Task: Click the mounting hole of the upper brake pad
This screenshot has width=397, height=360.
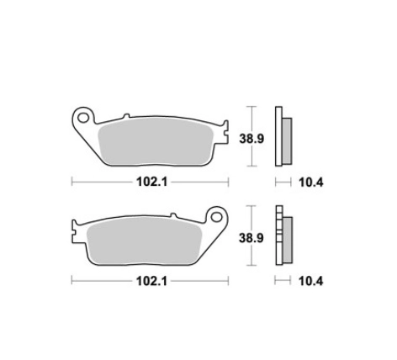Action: click(x=83, y=118)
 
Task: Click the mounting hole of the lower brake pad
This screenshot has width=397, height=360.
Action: click(x=216, y=216)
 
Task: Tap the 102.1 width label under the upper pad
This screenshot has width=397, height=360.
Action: click(x=151, y=182)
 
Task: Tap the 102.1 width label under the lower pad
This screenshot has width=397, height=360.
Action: click(x=151, y=281)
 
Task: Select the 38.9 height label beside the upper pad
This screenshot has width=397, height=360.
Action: click(x=251, y=139)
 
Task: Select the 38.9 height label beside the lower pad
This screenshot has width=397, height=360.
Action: click(x=251, y=238)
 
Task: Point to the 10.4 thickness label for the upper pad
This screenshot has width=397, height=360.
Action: click(x=311, y=183)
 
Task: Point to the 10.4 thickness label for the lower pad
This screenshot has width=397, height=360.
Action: click(x=310, y=281)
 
